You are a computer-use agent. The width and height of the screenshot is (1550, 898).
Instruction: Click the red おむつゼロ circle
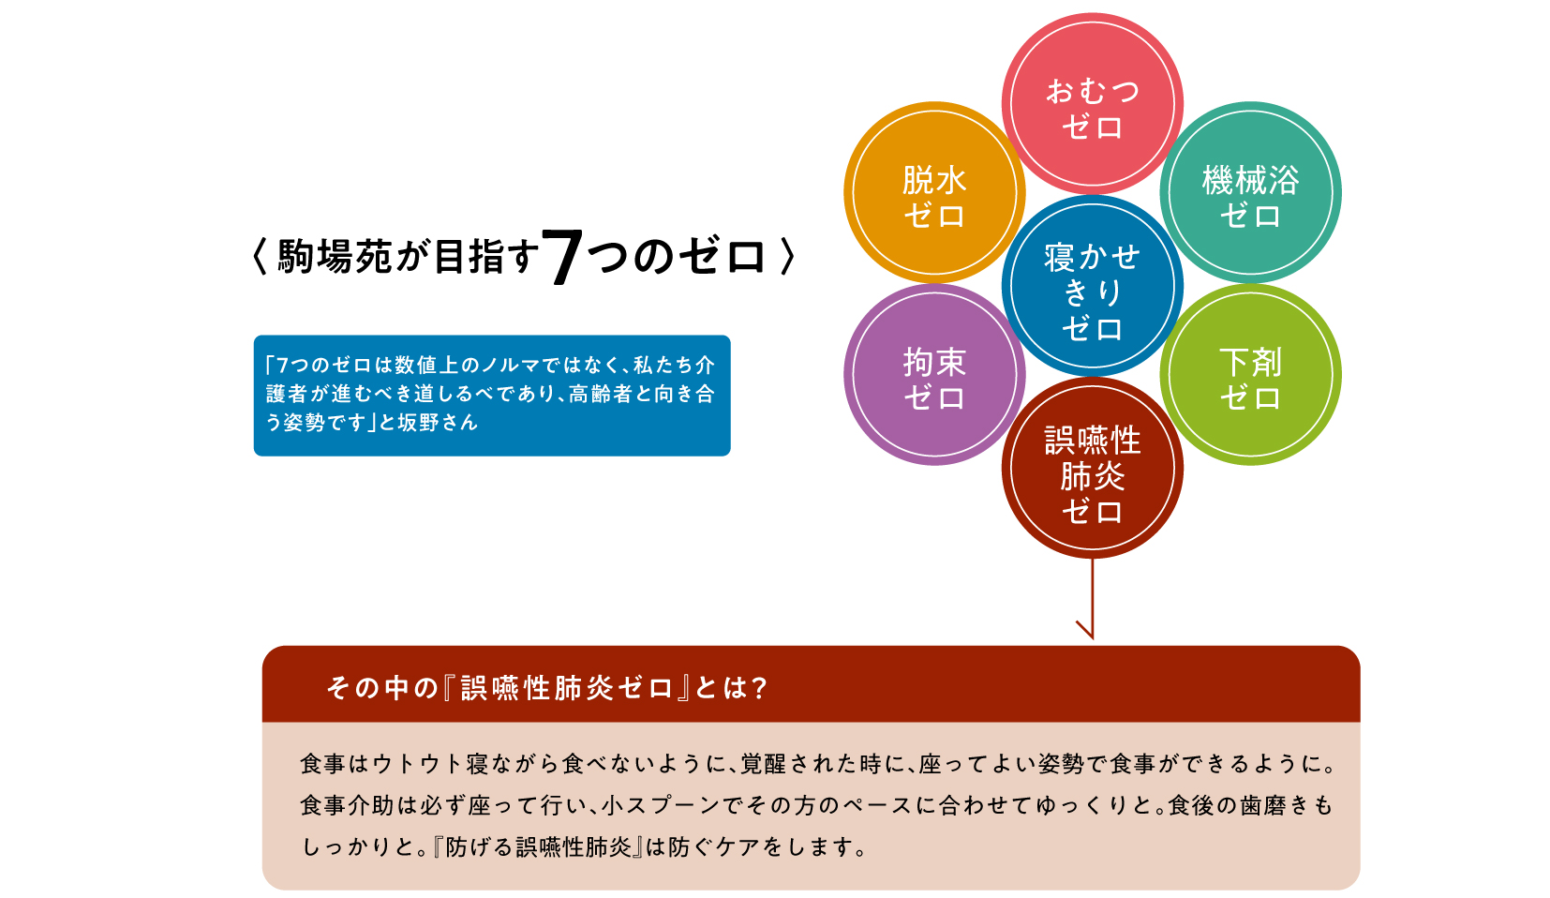point(1092,104)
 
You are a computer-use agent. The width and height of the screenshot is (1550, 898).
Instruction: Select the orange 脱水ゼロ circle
point(934,192)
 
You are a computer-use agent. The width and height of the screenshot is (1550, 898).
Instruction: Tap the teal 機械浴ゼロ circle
point(1250,192)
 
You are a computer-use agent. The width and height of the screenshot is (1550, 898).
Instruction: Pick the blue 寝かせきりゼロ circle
point(1092,285)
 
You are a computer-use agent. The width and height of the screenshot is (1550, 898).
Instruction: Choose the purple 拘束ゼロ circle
point(934,375)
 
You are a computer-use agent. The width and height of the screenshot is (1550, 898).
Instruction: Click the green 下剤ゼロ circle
point(1250,375)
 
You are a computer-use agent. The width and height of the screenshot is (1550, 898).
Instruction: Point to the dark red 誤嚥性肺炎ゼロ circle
point(1092,468)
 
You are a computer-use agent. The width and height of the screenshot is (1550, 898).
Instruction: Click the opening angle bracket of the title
point(260,257)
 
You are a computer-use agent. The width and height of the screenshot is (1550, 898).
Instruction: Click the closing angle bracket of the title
point(787,257)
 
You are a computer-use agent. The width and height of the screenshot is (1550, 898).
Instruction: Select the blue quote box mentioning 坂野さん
point(492,396)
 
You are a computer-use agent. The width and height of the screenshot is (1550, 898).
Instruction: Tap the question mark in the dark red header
point(758,688)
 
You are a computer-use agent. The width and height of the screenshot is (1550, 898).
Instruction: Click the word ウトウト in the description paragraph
point(417,764)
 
